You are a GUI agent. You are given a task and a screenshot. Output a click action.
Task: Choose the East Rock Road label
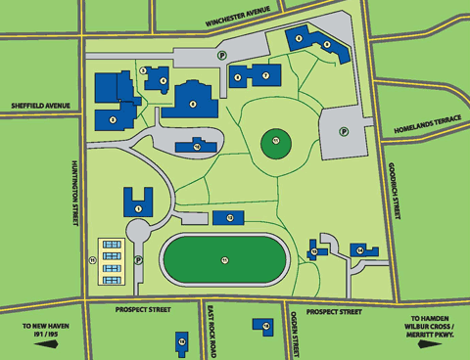[x=211, y=333]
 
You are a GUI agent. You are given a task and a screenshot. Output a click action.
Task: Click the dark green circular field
[x=276, y=146]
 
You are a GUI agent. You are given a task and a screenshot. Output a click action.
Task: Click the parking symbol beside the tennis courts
[x=138, y=260]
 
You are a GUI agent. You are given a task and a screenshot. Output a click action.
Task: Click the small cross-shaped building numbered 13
[x=315, y=249]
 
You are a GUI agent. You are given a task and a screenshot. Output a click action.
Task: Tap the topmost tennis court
[x=112, y=244]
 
